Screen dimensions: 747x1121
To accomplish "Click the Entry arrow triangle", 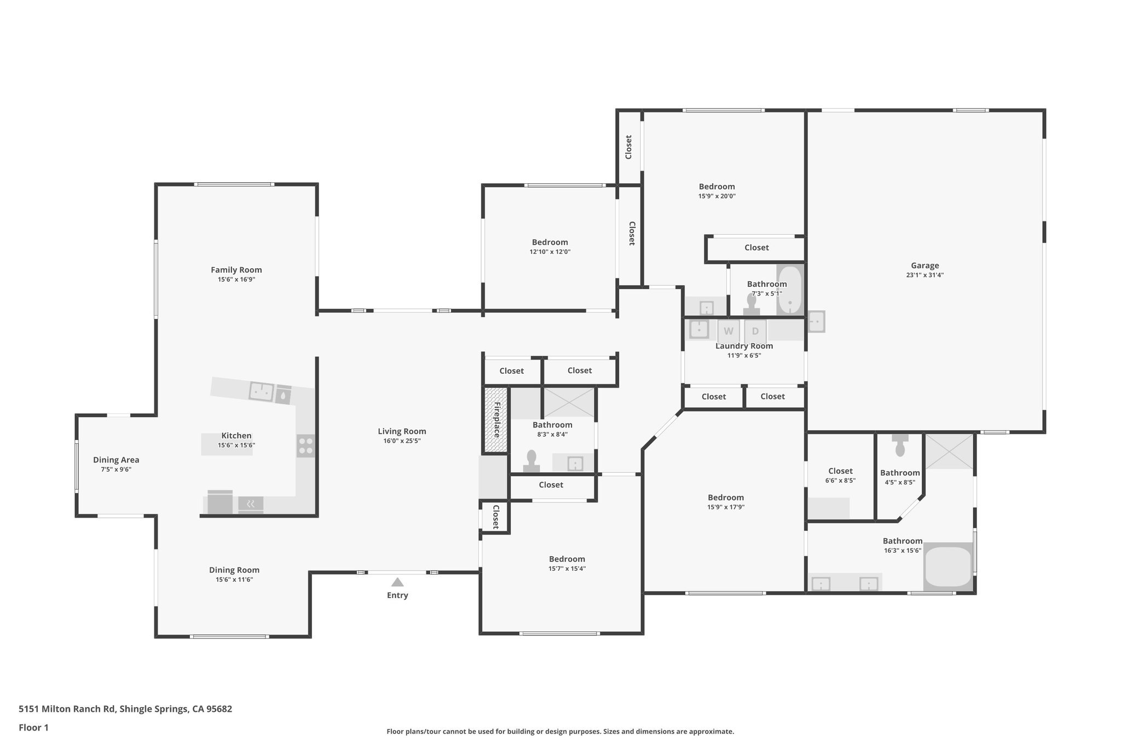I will point(397,582).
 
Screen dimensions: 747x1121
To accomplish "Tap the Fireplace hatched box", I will point(496,420).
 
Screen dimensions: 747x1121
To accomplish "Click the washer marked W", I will point(728,331).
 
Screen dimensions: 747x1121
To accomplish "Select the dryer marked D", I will point(755,331).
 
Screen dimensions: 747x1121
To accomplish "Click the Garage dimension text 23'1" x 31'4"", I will point(924,275).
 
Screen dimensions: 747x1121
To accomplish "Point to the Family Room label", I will point(236,270).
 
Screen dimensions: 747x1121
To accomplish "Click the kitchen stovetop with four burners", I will point(306,445).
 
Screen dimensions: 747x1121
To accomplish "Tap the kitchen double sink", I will point(262,391).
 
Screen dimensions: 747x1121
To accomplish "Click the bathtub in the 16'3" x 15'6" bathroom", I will point(947,568).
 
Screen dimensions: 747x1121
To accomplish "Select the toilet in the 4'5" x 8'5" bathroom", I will point(900,446).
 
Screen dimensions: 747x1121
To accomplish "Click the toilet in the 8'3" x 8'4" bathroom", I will point(531,461).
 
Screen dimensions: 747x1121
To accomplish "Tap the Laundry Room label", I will point(744,346).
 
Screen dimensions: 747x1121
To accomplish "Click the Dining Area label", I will point(116,460).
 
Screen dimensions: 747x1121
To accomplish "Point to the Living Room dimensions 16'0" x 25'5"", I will point(402,441).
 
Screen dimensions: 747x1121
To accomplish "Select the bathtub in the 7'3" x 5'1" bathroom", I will point(789,290).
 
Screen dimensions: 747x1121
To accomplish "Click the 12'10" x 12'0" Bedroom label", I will point(550,242).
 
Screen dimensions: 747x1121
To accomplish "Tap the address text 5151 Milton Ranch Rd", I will point(67,709).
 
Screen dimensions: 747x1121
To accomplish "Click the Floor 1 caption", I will point(33,727).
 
